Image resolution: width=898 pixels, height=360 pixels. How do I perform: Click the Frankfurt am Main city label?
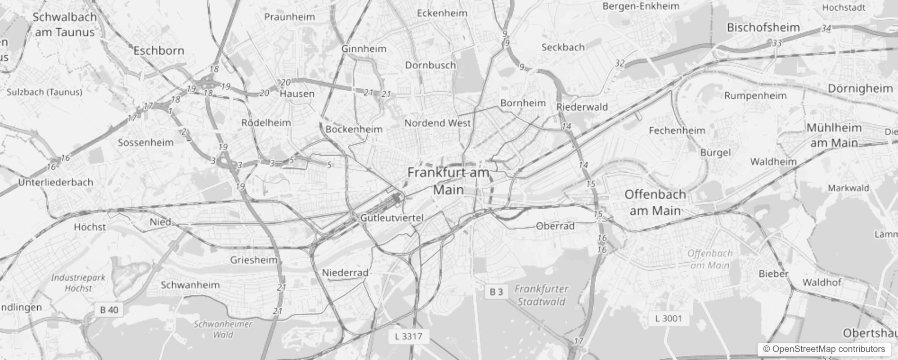pyautogui.click(x=448, y=181)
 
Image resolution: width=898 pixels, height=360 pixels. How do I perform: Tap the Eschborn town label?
pyautogui.click(x=159, y=50)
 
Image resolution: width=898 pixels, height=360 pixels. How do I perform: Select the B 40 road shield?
pyautogui.click(x=109, y=310)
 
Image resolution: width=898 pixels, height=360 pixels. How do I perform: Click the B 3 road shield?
pyautogui.click(x=496, y=292)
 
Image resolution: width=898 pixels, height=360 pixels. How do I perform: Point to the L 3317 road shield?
pyautogui.click(x=409, y=336)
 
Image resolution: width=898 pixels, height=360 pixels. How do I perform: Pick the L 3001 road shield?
pyautogui.click(x=669, y=319)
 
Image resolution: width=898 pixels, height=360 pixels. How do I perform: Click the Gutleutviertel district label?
pyautogui.click(x=392, y=218)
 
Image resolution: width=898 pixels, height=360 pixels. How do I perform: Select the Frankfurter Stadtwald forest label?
pyautogui.click(x=541, y=295)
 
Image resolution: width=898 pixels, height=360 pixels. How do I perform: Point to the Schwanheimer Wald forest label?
pyautogui.click(x=223, y=329)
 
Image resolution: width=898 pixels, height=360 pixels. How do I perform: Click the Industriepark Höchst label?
pyautogui.click(x=78, y=283)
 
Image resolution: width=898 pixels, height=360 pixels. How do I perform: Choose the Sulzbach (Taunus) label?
pyautogui.click(x=45, y=92)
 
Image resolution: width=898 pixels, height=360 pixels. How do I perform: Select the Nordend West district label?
pyautogui.click(x=437, y=123)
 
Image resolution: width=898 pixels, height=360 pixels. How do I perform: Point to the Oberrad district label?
pyautogui.click(x=555, y=226)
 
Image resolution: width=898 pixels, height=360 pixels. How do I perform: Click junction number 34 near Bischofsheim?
pyautogui.click(x=826, y=29)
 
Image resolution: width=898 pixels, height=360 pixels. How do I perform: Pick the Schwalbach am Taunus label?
pyautogui.click(x=65, y=24)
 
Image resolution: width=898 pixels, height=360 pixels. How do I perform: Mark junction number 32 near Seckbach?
pyautogui.click(x=620, y=63)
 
